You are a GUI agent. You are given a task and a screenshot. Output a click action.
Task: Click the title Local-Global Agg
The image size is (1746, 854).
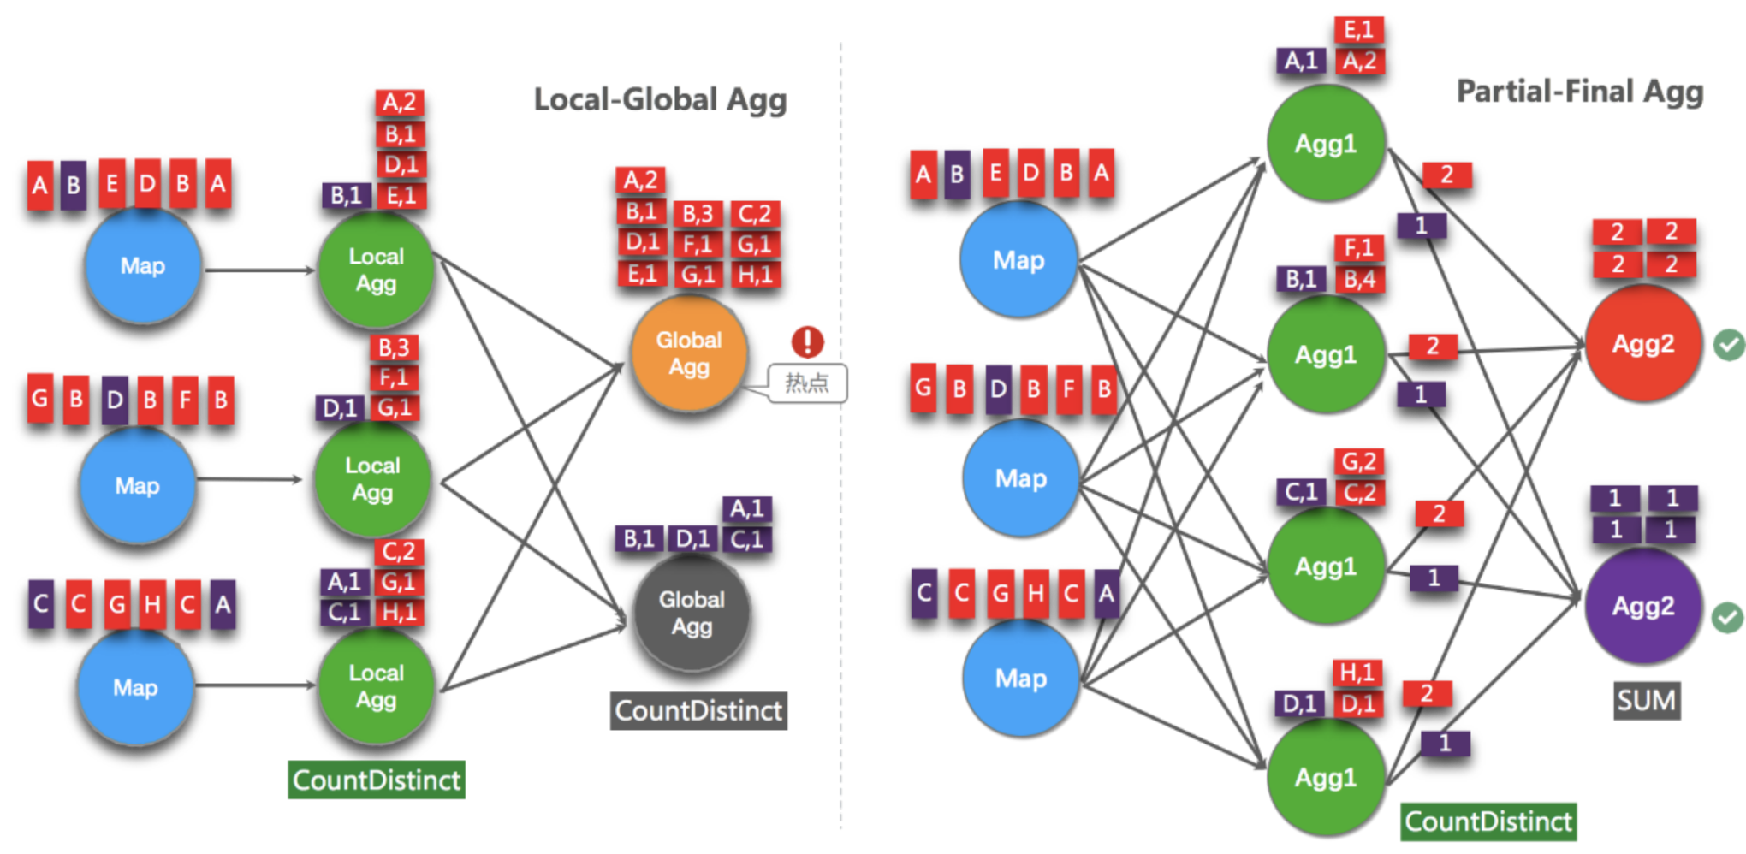tap(660, 99)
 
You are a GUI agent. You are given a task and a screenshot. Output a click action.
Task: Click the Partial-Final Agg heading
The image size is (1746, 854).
tap(1580, 91)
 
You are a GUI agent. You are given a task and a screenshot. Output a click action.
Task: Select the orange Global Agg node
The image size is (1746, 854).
tap(689, 353)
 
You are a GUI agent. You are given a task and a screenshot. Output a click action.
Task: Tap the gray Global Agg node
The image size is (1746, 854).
tap(692, 613)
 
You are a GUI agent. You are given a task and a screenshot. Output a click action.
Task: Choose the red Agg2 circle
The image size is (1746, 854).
tap(1643, 343)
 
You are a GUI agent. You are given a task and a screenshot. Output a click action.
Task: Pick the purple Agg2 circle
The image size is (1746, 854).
tap(1643, 606)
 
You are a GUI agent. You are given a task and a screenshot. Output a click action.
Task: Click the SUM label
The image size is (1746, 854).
tap(1647, 701)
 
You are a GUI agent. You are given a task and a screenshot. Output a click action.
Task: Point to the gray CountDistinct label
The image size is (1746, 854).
tap(698, 710)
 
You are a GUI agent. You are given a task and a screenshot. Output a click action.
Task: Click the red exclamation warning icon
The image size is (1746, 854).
tap(807, 341)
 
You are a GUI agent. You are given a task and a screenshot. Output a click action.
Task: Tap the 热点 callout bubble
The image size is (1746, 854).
tap(807, 383)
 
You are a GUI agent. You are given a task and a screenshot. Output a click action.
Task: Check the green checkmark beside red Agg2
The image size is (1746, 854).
tap(1729, 345)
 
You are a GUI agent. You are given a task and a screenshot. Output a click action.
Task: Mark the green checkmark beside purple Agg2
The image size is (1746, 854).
tap(1728, 617)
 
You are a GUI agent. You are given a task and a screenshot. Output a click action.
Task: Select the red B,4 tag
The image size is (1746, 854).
tap(1359, 279)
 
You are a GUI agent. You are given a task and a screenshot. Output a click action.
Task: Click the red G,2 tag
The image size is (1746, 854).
tap(1359, 462)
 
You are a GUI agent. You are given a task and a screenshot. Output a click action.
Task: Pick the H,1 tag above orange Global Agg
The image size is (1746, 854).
tap(755, 275)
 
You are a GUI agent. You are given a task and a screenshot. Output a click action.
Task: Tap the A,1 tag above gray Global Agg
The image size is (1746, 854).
tap(747, 509)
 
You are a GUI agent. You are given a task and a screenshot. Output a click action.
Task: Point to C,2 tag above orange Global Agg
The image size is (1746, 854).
tap(755, 214)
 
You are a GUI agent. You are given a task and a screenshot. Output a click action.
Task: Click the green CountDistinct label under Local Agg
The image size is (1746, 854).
tap(377, 780)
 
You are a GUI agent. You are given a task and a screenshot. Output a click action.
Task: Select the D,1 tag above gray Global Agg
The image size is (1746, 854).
tap(692, 539)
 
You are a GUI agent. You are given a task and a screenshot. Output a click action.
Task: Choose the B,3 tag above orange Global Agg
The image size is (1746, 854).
tap(698, 214)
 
